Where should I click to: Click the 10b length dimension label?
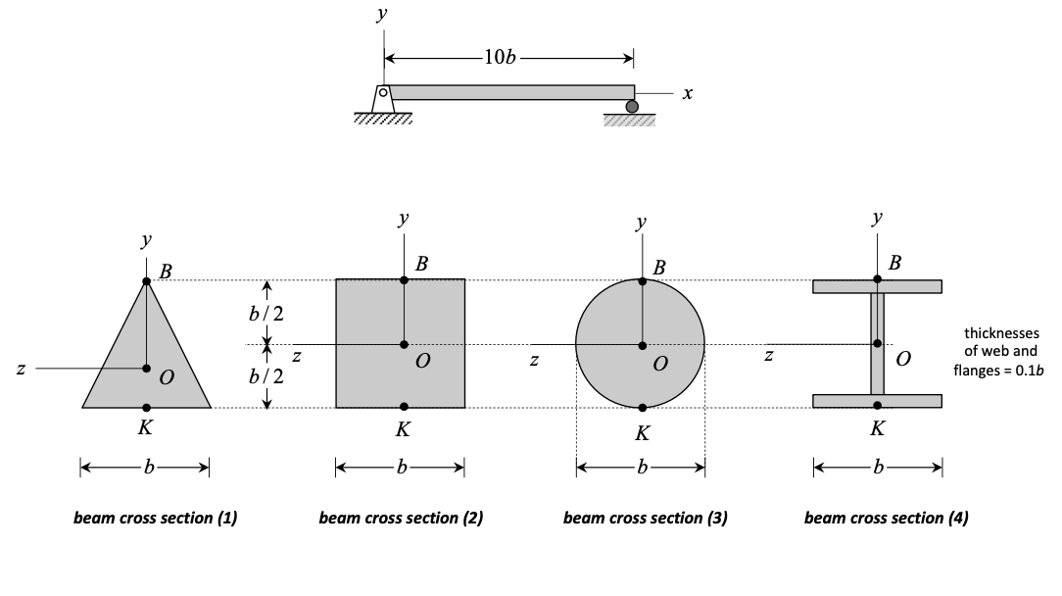(x=499, y=57)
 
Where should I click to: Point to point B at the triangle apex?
(x=146, y=281)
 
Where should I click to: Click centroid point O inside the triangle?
(x=146, y=369)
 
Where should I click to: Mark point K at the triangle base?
(x=146, y=407)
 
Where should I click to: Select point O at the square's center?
(x=404, y=344)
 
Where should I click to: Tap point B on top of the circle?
(x=642, y=281)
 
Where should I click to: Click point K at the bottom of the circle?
(x=642, y=407)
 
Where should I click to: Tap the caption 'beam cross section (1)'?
(x=156, y=519)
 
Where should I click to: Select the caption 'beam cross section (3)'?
(x=645, y=519)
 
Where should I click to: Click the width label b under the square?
(x=400, y=469)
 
